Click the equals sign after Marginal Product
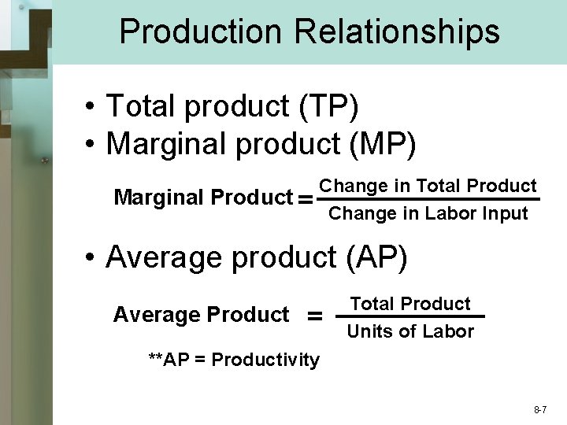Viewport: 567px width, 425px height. pos(306,200)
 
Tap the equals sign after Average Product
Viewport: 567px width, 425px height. pos(314,316)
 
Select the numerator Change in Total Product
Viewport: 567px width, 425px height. pos(428,186)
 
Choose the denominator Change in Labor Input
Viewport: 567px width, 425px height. pos(428,213)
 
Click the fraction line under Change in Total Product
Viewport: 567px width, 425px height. pos(428,200)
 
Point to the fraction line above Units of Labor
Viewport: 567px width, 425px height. pos(410,316)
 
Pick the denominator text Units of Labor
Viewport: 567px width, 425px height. pos(410,331)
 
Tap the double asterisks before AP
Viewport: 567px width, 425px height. pos(156,359)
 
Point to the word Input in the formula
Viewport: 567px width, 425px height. pos(506,213)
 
